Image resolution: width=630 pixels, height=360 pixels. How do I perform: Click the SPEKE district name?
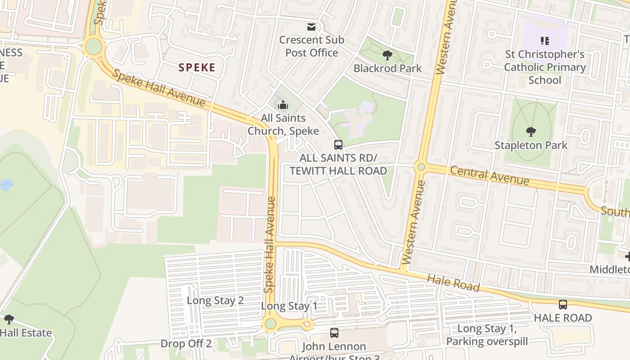(x=197, y=67)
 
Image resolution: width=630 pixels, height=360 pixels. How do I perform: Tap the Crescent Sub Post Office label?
(x=311, y=46)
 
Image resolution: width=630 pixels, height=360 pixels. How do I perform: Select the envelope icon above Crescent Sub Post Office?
(x=311, y=27)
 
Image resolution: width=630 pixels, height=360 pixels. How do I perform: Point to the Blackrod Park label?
(x=387, y=68)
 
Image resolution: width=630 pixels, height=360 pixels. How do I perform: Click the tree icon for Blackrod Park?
(x=387, y=55)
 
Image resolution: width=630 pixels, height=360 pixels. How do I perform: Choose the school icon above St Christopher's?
(x=545, y=41)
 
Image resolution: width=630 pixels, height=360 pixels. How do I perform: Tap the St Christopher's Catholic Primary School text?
(x=545, y=67)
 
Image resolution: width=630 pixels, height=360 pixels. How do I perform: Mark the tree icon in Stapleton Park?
(x=531, y=132)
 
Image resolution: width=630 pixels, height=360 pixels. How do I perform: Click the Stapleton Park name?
(x=531, y=145)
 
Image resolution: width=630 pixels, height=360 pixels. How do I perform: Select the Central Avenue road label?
(x=490, y=176)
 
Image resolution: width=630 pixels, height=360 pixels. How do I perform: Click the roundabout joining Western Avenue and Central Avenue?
(x=421, y=167)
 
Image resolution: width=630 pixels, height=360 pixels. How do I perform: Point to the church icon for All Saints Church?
(x=283, y=105)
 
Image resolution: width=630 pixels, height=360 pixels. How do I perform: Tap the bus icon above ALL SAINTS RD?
(x=338, y=145)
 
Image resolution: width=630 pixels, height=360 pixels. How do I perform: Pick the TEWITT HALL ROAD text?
(x=338, y=171)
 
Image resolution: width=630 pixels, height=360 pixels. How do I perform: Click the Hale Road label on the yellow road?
(x=453, y=283)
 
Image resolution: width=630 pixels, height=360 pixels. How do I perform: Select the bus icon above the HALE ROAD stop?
(x=563, y=305)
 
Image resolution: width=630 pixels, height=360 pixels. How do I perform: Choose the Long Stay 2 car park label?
(x=215, y=301)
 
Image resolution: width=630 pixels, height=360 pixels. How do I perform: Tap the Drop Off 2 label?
(x=186, y=344)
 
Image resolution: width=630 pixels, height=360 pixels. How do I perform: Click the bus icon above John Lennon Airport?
(x=334, y=333)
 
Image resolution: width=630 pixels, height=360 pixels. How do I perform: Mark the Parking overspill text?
(x=486, y=342)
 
